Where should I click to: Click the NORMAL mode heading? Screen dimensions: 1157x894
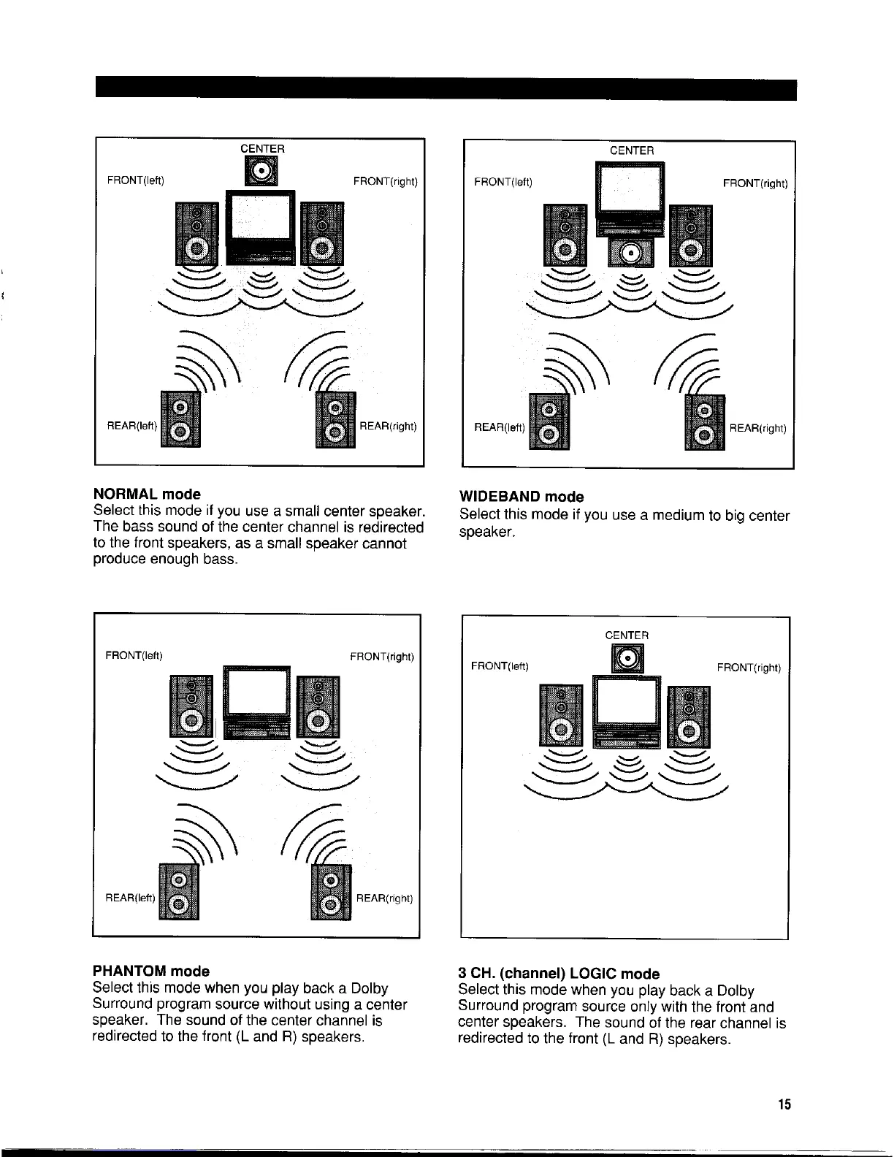pyautogui.click(x=147, y=495)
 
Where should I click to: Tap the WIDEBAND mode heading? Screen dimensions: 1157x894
pyautogui.click(x=521, y=497)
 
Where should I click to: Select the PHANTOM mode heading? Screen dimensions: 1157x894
pyautogui.click(x=151, y=971)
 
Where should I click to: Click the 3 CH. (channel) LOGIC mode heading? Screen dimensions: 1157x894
pyautogui.click(x=558, y=974)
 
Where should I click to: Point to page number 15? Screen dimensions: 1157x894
pyautogui.click(x=784, y=1104)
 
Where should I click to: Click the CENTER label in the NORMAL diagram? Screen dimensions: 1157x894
pyautogui.click(x=262, y=148)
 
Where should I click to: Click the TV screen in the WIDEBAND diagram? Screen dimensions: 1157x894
pyautogui.click(x=630, y=189)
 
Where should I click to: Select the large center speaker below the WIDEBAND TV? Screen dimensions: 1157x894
pyautogui.click(x=632, y=251)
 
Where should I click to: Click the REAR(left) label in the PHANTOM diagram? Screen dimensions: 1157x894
pyautogui.click(x=131, y=898)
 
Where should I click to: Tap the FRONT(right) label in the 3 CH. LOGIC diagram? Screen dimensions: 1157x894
pyautogui.click(x=749, y=668)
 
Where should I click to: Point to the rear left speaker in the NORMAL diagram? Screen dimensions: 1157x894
pyautogui.click(x=180, y=422)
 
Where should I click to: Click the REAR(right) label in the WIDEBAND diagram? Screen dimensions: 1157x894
pyautogui.click(x=757, y=428)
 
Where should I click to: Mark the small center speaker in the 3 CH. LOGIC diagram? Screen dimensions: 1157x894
pyautogui.click(x=627, y=660)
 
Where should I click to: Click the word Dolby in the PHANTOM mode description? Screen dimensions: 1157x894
pyautogui.click(x=369, y=988)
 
